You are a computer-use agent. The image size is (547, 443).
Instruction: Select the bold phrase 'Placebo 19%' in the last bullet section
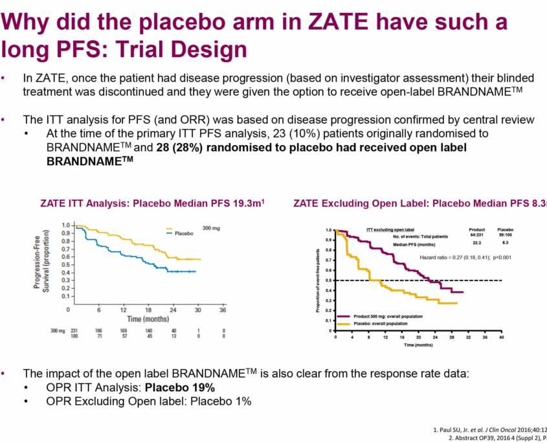pos(179,387)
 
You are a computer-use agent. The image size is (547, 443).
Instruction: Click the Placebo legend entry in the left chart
pos(184,233)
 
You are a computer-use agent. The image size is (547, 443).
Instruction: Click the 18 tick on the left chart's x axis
pos(150,310)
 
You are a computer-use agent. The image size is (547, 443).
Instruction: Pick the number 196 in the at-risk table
pos(98,330)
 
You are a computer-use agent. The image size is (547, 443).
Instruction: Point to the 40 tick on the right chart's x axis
pos(502,338)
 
